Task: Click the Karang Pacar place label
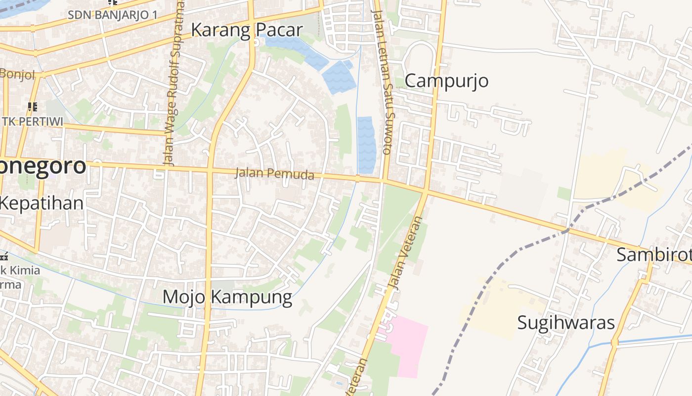click(246, 30)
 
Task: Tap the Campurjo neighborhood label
click(447, 81)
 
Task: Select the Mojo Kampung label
click(227, 297)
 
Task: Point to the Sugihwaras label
click(566, 323)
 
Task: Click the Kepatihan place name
click(42, 203)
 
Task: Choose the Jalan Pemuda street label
click(274, 174)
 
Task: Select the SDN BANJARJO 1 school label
click(112, 14)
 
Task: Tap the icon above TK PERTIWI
click(33, 106)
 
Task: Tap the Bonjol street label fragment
click(18, 75)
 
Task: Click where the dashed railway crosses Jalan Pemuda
click(567, 230)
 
